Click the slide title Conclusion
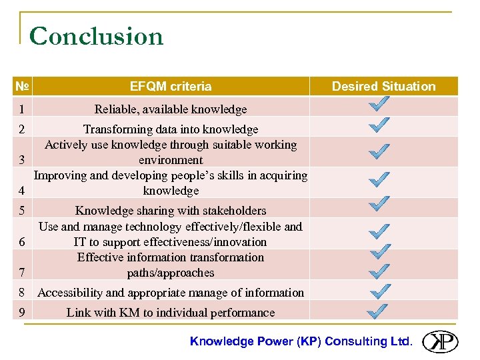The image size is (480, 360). (x=97, y=36)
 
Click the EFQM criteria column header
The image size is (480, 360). (x=171, y=86)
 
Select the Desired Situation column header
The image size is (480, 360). (x=383, y=86)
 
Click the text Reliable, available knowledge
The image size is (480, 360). (x=171, y=109)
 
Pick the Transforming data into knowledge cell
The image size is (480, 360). (x=171, y=129)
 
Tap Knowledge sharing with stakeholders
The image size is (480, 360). (x=171, y=211)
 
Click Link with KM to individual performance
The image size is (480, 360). (x=171, y=313)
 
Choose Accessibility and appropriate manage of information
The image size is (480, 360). (x=171, y=293)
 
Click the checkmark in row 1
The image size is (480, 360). (x=379, y=105)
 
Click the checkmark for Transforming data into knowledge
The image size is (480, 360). (x=379, y=125)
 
